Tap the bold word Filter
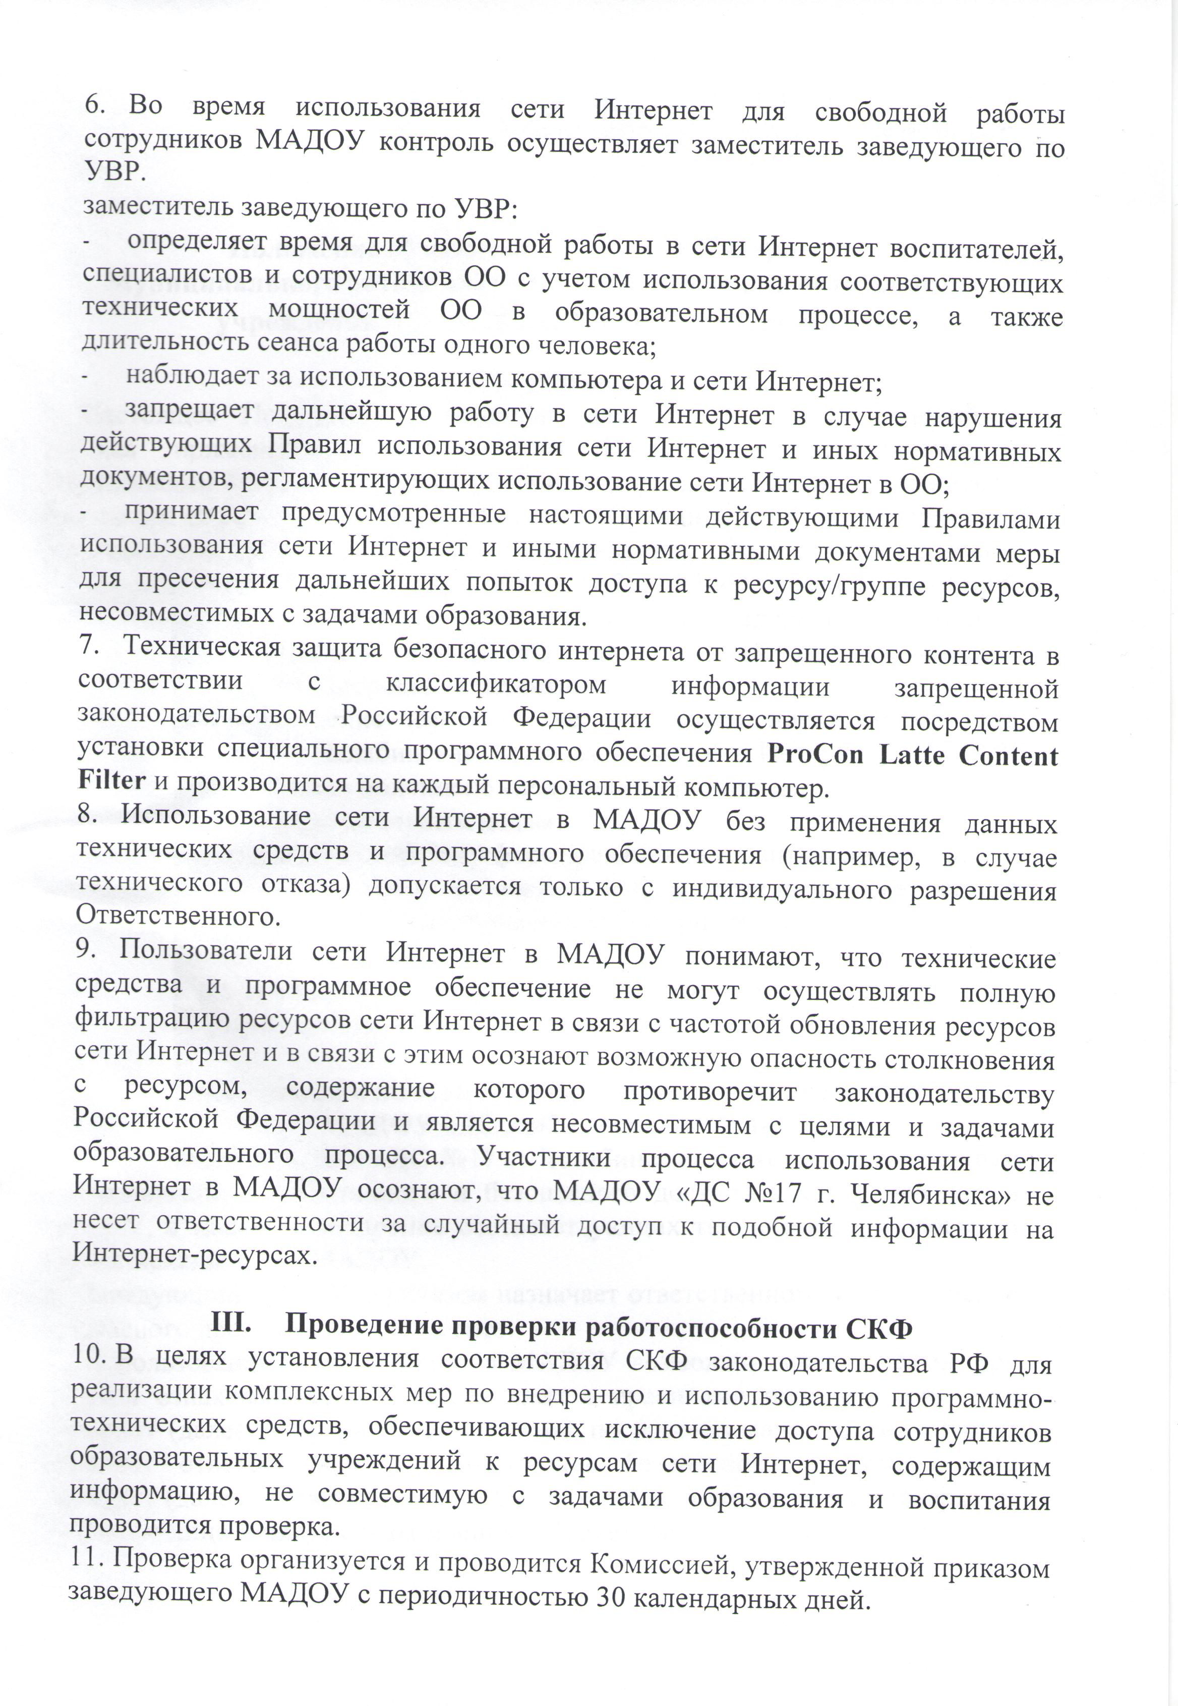click(x=111, y=781)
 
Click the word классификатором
click(x=495, y=686)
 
